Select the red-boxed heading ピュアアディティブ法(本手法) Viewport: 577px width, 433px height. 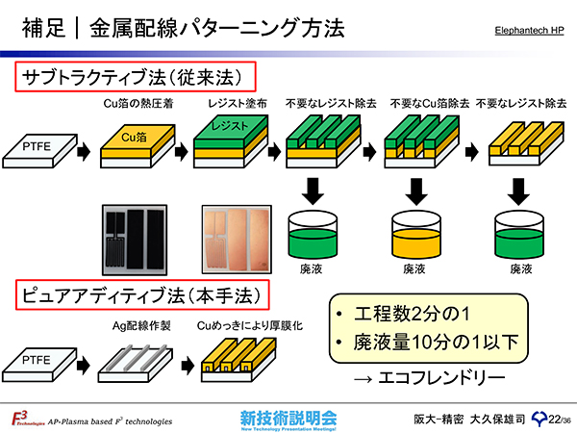[140, 293]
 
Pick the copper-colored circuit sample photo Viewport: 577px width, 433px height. [234, 240]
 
